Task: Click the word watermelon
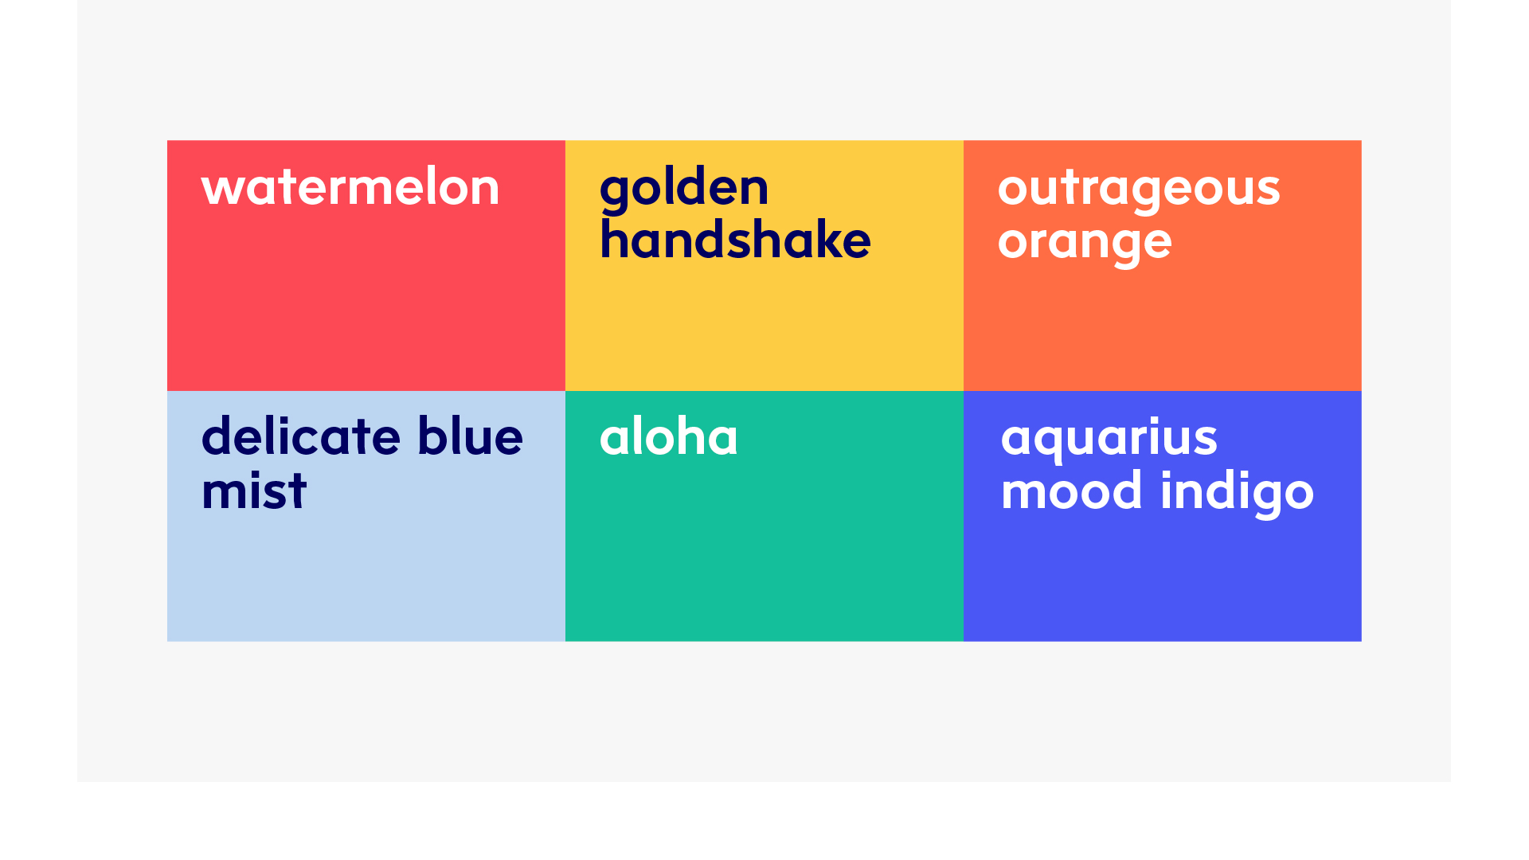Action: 350,188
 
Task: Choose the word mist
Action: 254,490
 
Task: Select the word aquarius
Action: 1109,440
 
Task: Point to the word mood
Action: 1072,491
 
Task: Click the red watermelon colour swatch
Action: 366,265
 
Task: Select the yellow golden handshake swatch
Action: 764,265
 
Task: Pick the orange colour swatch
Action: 1163,265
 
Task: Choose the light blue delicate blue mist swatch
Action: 366,516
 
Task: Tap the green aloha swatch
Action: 764,516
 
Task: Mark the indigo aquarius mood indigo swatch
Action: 1163,516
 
